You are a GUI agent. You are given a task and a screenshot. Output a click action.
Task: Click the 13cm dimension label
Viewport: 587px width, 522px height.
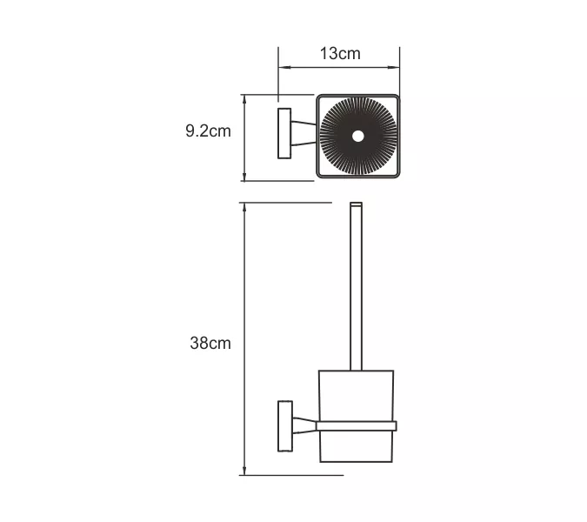[x=339, y=53]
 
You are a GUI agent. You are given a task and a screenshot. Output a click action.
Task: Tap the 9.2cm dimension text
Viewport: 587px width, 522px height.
[x=208, y=131]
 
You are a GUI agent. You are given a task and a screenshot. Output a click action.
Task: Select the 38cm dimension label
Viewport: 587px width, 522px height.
[x=210, y=343]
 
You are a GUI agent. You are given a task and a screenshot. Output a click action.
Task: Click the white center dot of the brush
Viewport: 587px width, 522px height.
[x=358, y=136]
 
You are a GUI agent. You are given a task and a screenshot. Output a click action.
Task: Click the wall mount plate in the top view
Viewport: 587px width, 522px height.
[x=283, y=134]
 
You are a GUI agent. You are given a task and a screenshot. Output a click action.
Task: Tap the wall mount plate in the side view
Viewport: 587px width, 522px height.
[x=283, y=425]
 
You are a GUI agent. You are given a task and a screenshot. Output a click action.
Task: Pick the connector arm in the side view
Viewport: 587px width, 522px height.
[x=302, y=425]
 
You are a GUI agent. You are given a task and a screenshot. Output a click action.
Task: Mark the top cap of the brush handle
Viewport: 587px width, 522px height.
[x=355, y=205]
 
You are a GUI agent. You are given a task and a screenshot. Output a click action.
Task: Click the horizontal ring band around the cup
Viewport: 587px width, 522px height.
[x=356, y=425]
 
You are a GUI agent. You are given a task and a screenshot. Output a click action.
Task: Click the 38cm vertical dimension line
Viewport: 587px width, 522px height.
[x=245, y=261]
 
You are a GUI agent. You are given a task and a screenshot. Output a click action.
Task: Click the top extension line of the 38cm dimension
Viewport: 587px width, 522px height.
[x=287, y=204]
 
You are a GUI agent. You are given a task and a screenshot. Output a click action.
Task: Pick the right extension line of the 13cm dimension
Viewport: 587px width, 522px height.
[x=399, y=70]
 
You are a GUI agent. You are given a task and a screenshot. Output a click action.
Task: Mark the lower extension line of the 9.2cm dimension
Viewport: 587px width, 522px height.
[x=278, y=181]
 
